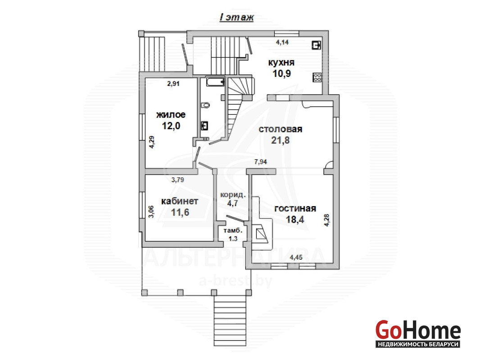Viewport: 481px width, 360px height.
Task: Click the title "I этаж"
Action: click(237, 17)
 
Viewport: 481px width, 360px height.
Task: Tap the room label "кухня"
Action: click(281, 63)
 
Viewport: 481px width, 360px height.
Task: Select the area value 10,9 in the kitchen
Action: click(281, 73)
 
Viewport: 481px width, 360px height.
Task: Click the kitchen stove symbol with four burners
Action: click(317, 77)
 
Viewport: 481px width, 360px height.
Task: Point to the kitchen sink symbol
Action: click(316, 45)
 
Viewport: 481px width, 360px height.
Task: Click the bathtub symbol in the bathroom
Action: click(215, 82)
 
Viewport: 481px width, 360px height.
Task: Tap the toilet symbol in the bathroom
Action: click(205, 105)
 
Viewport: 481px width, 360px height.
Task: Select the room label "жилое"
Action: click(171, 115)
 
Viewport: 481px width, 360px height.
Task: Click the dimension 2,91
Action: click(173, 84)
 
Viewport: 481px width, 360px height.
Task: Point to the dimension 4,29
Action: click(151, 142)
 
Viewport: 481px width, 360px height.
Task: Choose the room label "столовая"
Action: click(281, 129)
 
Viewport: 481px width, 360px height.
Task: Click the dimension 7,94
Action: click(260, 162)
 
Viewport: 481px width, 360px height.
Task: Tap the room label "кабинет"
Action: click(180, 201)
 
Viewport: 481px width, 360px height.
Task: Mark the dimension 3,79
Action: click(177, 180)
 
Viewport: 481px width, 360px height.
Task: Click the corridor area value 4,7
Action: click(232, 203)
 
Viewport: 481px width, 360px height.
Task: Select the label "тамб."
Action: click(233, 231)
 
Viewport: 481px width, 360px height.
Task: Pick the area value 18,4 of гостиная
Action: click(295, 219)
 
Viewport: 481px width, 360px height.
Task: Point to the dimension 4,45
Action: click(296, 257)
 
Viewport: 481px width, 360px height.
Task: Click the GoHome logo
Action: click(418, 333)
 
